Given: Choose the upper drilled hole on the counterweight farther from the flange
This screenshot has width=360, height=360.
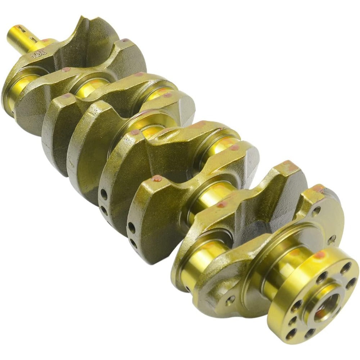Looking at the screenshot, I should (104, 195).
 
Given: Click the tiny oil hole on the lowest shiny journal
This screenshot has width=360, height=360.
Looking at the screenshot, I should (187, 288).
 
